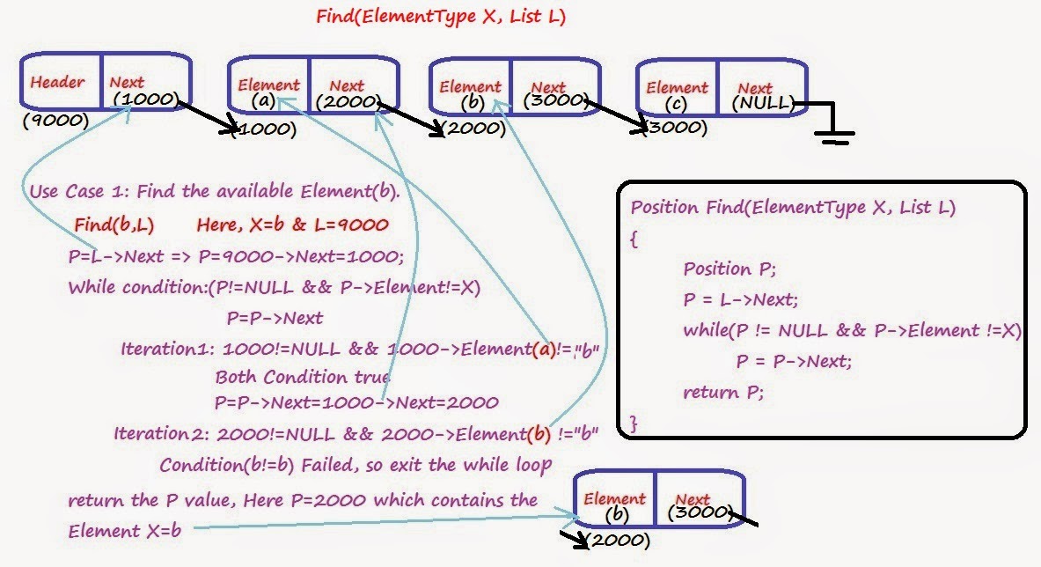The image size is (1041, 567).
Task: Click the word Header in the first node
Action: point(57,83)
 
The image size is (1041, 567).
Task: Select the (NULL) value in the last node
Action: point(763,104)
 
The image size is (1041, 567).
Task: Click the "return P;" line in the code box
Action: point(723,393)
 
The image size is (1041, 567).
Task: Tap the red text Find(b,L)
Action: point(114,225)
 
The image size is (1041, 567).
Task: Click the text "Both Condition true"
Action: point(302,377)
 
